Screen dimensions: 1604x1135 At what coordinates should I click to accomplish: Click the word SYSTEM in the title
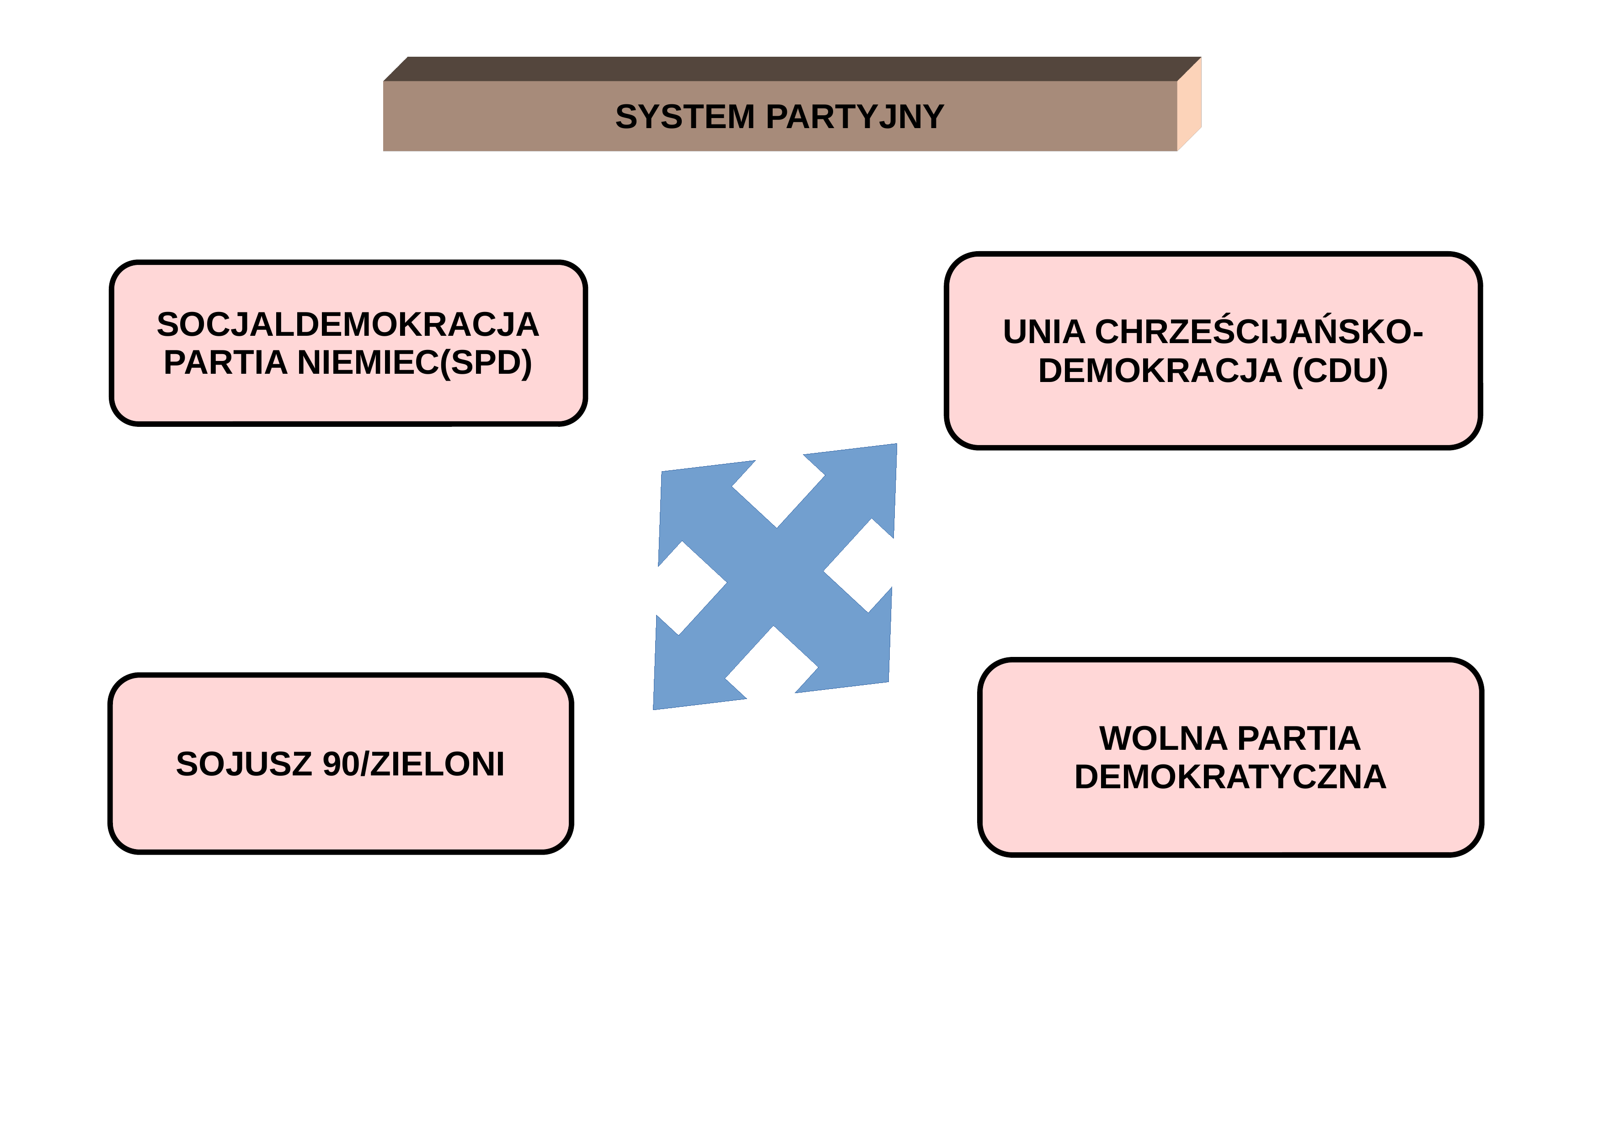pos(684,117)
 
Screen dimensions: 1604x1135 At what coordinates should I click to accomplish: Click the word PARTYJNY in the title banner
pos(855,117)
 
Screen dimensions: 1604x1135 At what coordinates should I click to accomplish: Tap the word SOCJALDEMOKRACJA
pos(348,324)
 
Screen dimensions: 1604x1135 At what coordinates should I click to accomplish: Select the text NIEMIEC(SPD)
pos(415,363)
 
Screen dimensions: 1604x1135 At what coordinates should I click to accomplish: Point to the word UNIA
pos(1044,332)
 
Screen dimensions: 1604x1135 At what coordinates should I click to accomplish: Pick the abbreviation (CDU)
pos(1340,371)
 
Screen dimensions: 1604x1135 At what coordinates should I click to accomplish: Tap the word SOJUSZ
pos(244,764)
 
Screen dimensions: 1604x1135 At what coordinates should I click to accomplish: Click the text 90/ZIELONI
pos(414,764)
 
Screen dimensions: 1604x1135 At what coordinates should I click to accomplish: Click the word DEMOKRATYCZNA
pos(1230,777)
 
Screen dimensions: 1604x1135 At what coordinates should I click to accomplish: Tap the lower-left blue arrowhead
pos(692,671)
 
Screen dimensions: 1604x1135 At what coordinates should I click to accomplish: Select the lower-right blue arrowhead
pos(852,650)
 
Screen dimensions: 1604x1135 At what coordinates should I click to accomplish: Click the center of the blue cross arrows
pos(775,576)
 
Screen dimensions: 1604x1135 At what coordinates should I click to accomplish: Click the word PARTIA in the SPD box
pos(226,363)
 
